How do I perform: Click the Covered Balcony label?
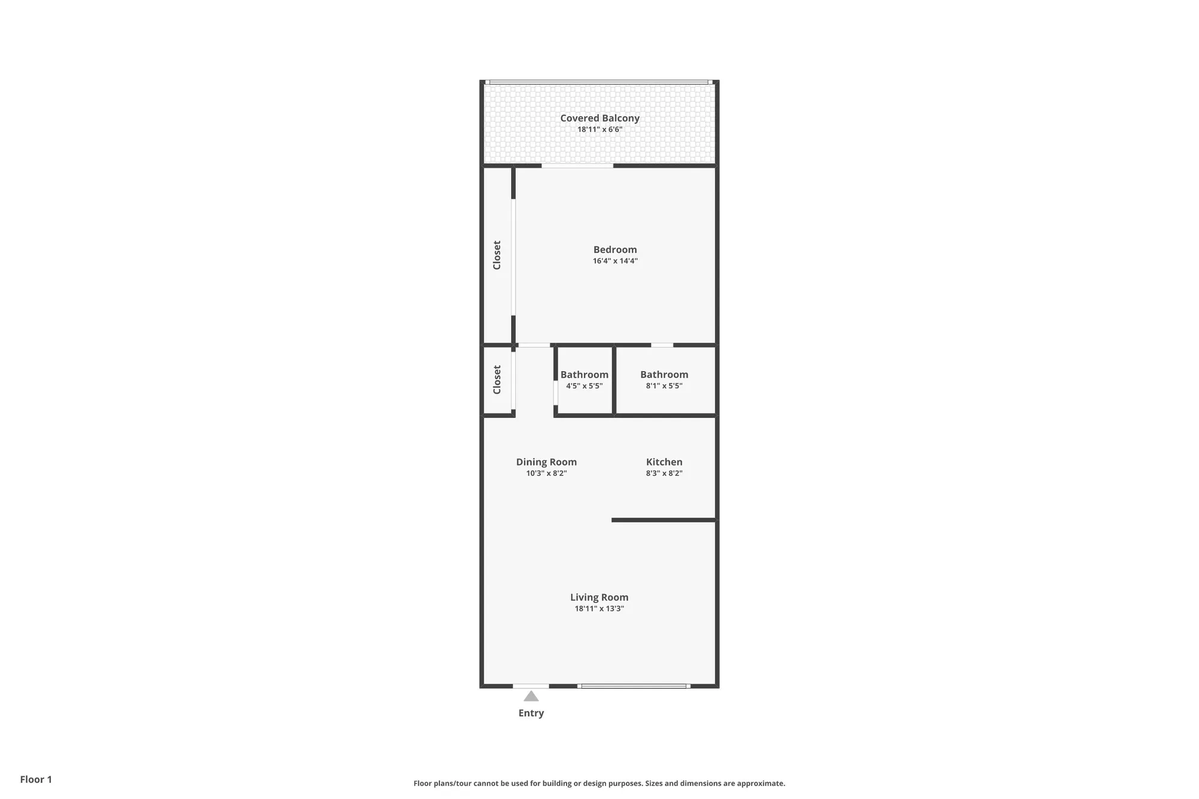pyautogui.click(x=599, y=118)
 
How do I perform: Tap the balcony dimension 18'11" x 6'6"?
pyautogui.click(x=599, y=129)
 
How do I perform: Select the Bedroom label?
pyautogui.click(x=615, y=249)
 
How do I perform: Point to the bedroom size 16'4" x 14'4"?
pyautogui.click(x=615, y=261)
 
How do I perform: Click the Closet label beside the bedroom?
pyautogui.click(x=496, y=255)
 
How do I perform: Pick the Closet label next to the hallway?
pyautogui.click(x=496, y=379)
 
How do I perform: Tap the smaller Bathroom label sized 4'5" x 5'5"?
pyautogui.click(x=584, y=375)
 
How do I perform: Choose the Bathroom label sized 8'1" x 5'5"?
pyautogui.click(x=664, y=375)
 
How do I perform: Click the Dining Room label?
pyautogui.click(x=546, y=462)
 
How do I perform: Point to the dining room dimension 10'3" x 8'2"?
pyautogui.click(x=546, y=474)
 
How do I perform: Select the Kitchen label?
pyautogui.click(x=664, y=462)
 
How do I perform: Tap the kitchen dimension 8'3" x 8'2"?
pyautogui.click(x=664, y=474)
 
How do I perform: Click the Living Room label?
pyautogui.click(x=599, y=597)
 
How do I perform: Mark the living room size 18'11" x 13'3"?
pyautogui.click(x=599, y=609)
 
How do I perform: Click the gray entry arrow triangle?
pyautogui.click(x=531, y=697)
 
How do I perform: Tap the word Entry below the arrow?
pyautogui.click(x=531, y=713)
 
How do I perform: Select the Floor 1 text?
pyautogui.click(x=36, y=779)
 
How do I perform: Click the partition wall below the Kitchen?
pyautogui.click(x=664, y=520)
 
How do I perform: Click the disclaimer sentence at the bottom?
pyautogui.click(x=599, y=783)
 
